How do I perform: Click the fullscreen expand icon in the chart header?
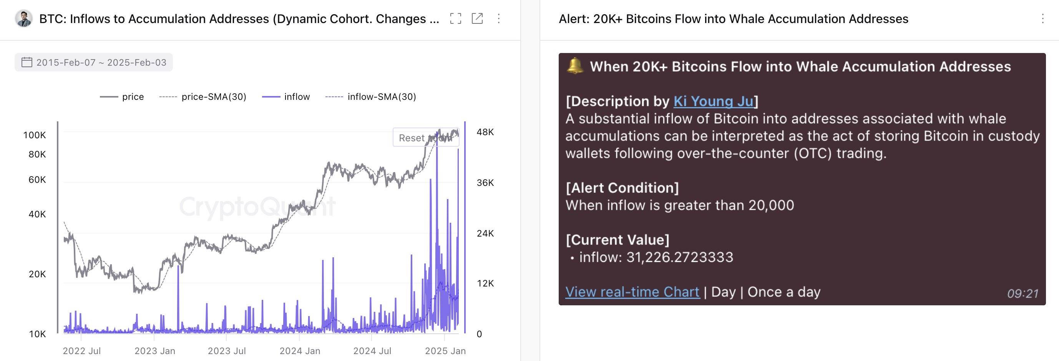[x=455, y=18]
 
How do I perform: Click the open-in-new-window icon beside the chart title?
[x=477, y=18]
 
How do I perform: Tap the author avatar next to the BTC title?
[x=23, y=18]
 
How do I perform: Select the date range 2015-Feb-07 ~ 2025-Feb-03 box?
[x=94, y=63]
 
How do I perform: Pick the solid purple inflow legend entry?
[x=286, y=97]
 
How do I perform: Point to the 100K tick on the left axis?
[x=35, y=135]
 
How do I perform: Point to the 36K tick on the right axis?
[x=485, y=183]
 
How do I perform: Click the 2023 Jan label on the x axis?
[x=154, y=351]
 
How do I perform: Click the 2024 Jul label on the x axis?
[x=372, y=351]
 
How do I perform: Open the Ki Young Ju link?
[x=713, y=101]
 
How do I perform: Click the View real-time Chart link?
[x=632, y=292]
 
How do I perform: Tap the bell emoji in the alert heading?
[x=575, y=66]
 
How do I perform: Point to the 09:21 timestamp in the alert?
[x=1022, y=294]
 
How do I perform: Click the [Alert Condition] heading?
[x=622, y=188]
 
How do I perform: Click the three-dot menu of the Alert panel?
[x=1042, y=18]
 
